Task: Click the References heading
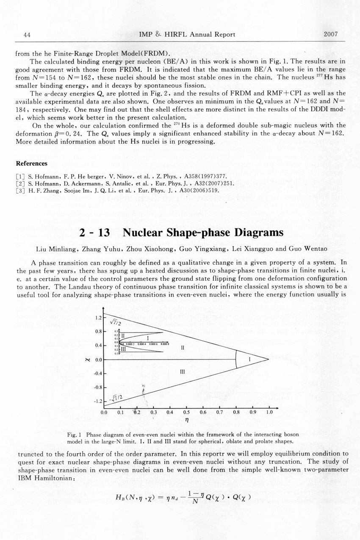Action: [31, 163]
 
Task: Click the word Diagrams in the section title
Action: [253, 233]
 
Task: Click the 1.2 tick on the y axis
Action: [99, 317]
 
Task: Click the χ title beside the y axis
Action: [87, 360]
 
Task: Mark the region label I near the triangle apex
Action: [250, 359]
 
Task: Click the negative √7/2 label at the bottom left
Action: [116, 397]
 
